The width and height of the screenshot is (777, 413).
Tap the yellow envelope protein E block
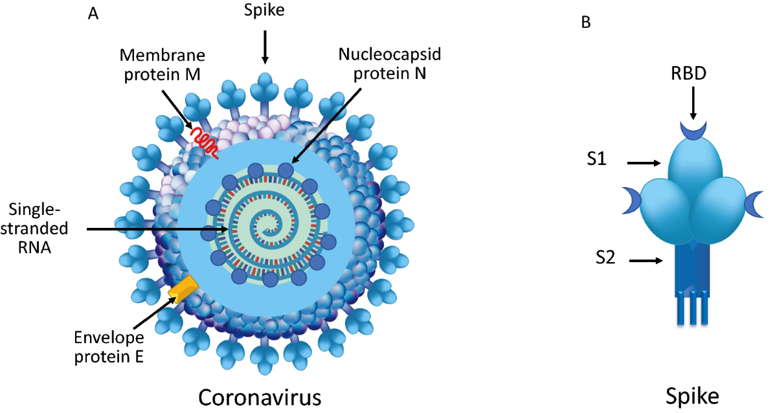[182, 289]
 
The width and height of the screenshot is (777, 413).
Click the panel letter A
[93, 14]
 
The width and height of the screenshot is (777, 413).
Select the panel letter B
[585, 22]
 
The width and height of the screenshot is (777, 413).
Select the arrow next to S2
[647, 261]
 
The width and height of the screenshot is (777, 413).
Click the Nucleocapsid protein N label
[383, 63]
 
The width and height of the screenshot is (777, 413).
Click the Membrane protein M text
[161, 63]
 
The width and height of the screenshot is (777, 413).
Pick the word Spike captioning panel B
[692, 396]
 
